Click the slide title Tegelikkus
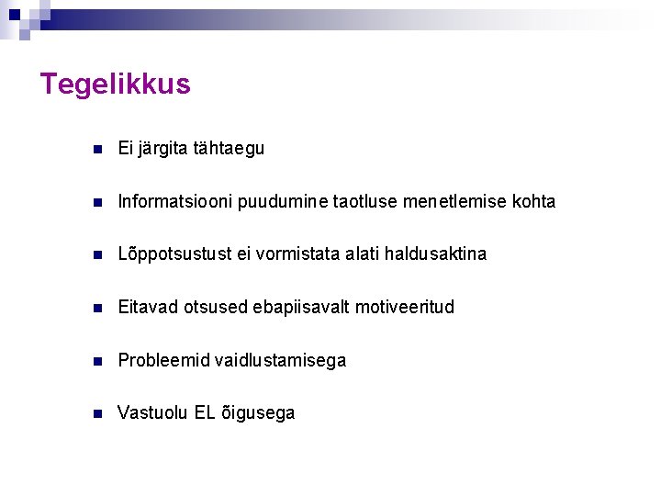click(116, 85)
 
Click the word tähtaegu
click(229, 148)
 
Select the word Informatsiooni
click(174, 201)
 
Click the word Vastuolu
click(153, 413)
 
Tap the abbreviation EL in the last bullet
click(205, 413)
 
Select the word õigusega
click(258, 413)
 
